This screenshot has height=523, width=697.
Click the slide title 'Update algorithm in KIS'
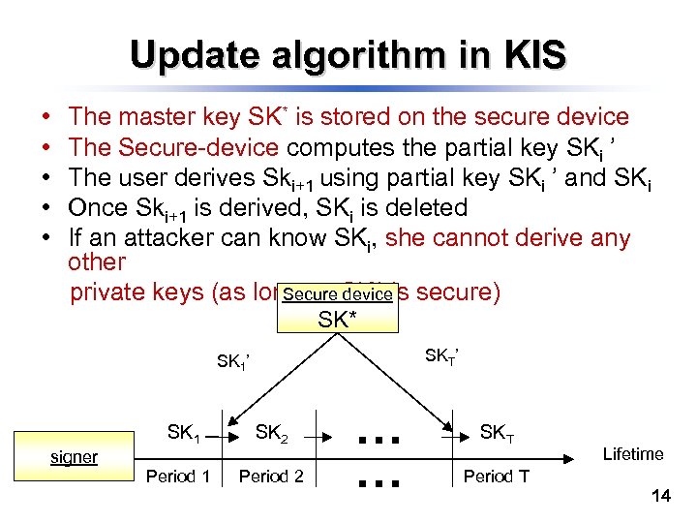(348, 55)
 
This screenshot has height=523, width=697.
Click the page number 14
(662, 497)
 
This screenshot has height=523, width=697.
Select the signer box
(75, 456)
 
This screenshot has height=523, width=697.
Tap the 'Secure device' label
(338, 294)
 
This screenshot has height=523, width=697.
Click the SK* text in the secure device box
(337, 319)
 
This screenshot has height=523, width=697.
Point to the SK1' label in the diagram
(233, 362)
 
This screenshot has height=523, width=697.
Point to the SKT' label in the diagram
(441, 357)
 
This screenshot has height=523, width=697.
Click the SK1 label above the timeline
(184, 433)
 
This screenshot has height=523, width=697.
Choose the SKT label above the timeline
(497, 433)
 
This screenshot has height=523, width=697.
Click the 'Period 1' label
(177, 476)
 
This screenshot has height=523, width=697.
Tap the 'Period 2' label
(271, 476)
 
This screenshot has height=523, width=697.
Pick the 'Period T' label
(496, 476)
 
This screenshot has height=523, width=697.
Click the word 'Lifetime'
(633, 453)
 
